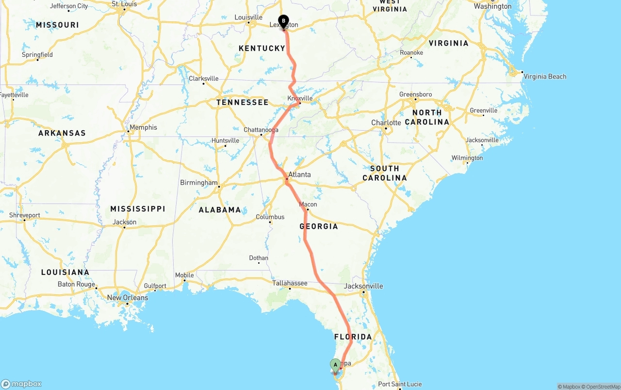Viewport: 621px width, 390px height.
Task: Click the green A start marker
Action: tap(335, 365)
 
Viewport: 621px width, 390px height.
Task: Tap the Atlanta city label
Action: tap(299, 175)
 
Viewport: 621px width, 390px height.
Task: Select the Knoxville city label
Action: tap(300, 98)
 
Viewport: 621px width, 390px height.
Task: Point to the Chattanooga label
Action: tap(261, 130)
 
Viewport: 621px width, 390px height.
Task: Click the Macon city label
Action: tap(308, 204)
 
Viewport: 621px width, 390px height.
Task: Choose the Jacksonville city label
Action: tap(363, 286)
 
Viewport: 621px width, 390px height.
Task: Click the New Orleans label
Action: tap(128, 298)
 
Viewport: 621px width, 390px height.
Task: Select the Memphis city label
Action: tap(143, 127)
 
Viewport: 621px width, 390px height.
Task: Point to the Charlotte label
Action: tap(386, 122)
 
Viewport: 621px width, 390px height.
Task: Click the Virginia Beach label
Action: tap(545, 76)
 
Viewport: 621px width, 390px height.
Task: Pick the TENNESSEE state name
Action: tap(242, 102)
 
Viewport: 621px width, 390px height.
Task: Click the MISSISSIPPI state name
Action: tap(138, 209)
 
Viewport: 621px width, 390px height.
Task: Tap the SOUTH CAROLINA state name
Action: tap(385, 173)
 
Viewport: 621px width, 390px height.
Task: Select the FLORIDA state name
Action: tap(353, 337)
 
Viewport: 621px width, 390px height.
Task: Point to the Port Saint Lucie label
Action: tap(400, 384)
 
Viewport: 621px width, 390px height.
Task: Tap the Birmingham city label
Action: tap(199, 183)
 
